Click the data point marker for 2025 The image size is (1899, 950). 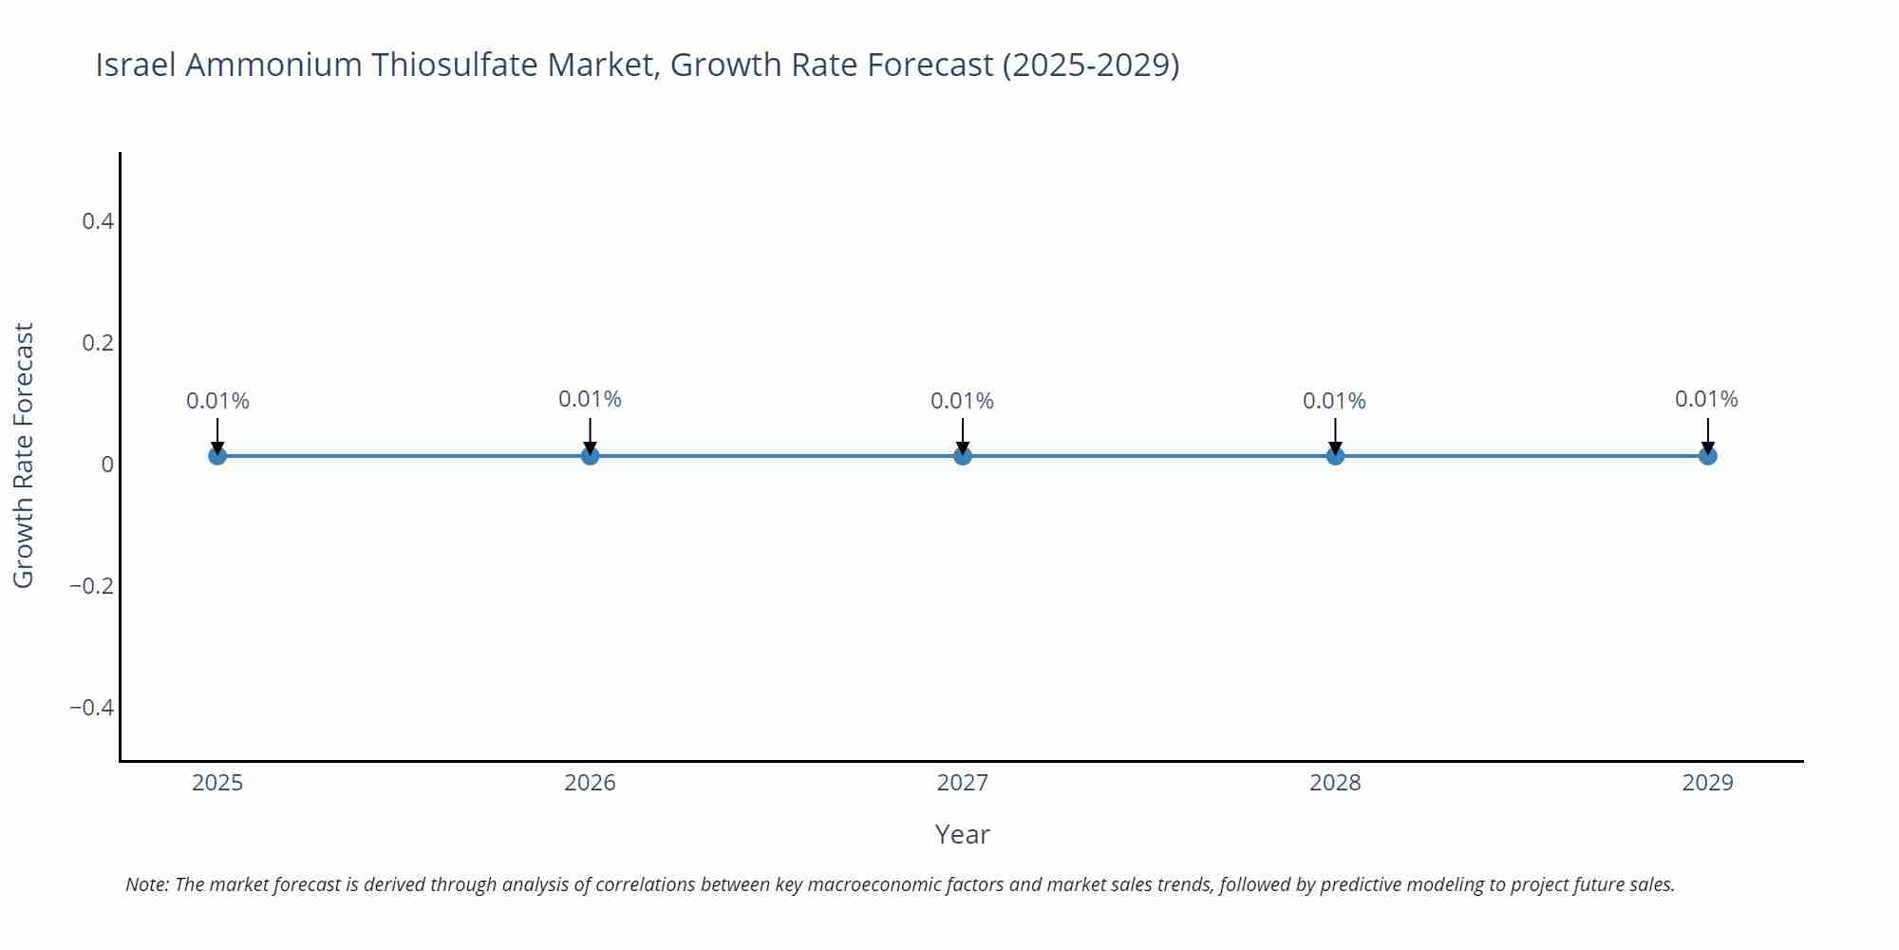click(x=217, y=456)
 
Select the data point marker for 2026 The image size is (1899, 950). click(x=590, y=456)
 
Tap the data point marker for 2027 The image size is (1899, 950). click(x=963, y=456)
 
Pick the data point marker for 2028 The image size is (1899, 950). click(x=1335, y=456)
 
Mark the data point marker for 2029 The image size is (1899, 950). click(x=1707, y=456)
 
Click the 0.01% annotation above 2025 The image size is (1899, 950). click(x=217, y=401)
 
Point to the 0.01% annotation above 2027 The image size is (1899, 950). click(x=962, y=401)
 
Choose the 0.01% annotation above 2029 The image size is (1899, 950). click(x=1706, y=399)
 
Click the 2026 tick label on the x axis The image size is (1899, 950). click(x=590, y=783)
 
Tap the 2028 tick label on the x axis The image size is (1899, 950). click(x=1335, y=783)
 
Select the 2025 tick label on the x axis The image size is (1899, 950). click(x=217, y=783)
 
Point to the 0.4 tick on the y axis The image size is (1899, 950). click(x=98, y=221)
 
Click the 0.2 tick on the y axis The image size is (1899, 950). click(x=98, y=343)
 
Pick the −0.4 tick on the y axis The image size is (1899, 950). click(x=92, y=708)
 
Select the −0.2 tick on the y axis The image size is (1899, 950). click(x=92, y=586)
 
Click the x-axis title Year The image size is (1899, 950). click(x=962, y=834)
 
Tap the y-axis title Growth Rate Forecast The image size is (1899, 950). click(x=24, y=456)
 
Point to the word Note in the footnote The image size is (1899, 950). click(x=146, y=884)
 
